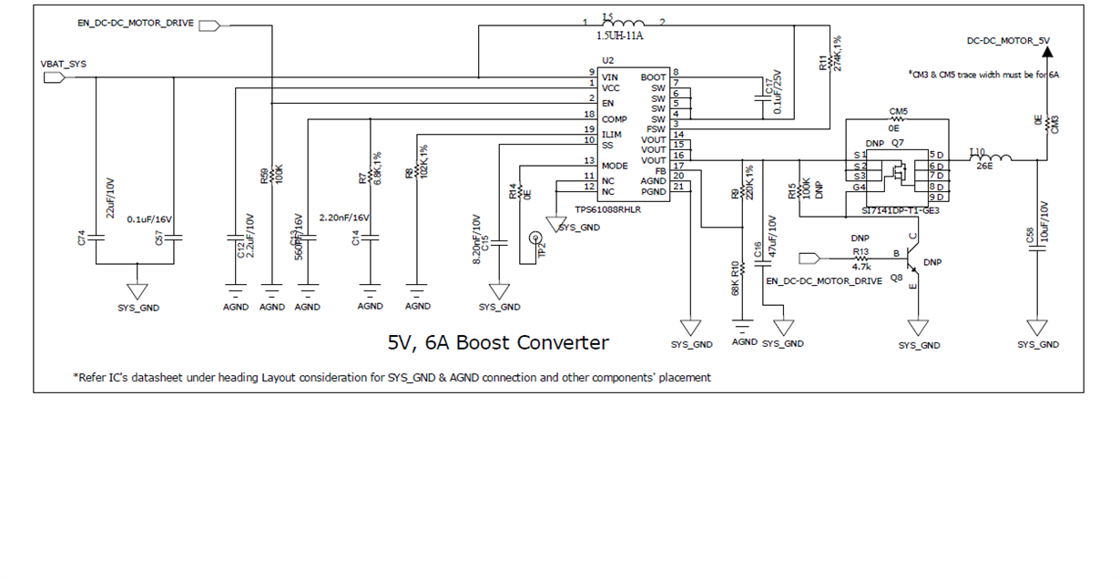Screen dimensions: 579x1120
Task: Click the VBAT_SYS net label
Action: pos(63,63)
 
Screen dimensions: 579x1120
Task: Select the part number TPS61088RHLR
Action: pos(609,209)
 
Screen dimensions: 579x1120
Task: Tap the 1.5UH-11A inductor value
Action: pos(620,36)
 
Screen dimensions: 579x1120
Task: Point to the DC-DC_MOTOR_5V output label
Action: pos(1008,41)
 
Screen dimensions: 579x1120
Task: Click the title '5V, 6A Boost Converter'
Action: pos(498,342)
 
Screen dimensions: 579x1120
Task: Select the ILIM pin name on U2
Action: pos(611,135)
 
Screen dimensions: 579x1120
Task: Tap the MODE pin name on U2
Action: pos(615,166)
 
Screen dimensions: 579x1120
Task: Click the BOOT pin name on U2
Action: pos(653,77)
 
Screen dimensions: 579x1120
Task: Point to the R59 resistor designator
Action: pos(264,176)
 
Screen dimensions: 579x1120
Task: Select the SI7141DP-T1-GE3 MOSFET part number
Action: pos(900,209)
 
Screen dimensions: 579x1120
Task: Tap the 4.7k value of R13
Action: pos(861,268)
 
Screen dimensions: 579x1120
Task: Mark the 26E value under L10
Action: pos(983,166)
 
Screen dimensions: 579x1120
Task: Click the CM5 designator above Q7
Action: pos(898,111)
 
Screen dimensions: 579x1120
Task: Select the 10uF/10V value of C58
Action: pos(1044,219)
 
